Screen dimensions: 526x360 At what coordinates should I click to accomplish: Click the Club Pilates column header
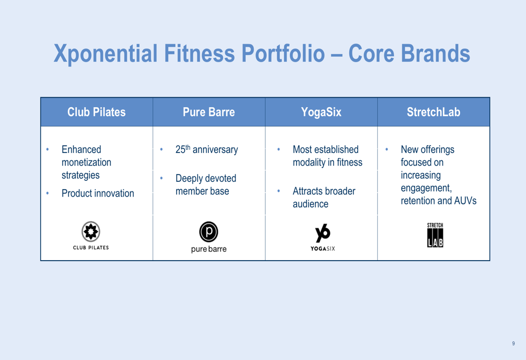point(97,112)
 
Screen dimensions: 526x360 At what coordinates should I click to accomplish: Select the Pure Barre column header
point(209,112)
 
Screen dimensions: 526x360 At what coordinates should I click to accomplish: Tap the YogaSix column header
point(321,112)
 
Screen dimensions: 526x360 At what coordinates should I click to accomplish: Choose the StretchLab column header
point(433,112)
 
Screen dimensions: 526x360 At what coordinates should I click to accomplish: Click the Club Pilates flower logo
point(91,231)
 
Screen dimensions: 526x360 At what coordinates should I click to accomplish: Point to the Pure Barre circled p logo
point(209,232)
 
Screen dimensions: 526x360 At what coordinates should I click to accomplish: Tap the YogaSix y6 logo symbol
point(323,233)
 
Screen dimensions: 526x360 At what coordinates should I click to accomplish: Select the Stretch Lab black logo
point(435,235)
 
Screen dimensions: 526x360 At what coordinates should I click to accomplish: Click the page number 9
point(513,343)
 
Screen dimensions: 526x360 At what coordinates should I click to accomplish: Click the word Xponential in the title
point(105,54)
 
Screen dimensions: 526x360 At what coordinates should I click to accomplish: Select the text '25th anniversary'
point(207,149)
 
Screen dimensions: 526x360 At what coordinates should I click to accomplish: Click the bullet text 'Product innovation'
point(98,193)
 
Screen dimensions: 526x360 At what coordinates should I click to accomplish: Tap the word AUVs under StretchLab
point(466,201)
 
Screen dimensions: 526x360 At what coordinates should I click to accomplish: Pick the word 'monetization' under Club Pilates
point(86,162)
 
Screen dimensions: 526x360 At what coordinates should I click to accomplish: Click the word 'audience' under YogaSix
point(310,204)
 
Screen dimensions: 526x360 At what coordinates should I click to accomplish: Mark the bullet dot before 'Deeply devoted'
point(161,178)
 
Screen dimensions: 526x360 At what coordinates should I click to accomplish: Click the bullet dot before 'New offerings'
point(387,149)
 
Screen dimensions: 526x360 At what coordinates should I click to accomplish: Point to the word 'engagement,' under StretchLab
point(426,188)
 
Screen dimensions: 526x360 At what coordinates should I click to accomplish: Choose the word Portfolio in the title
point(283,53)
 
